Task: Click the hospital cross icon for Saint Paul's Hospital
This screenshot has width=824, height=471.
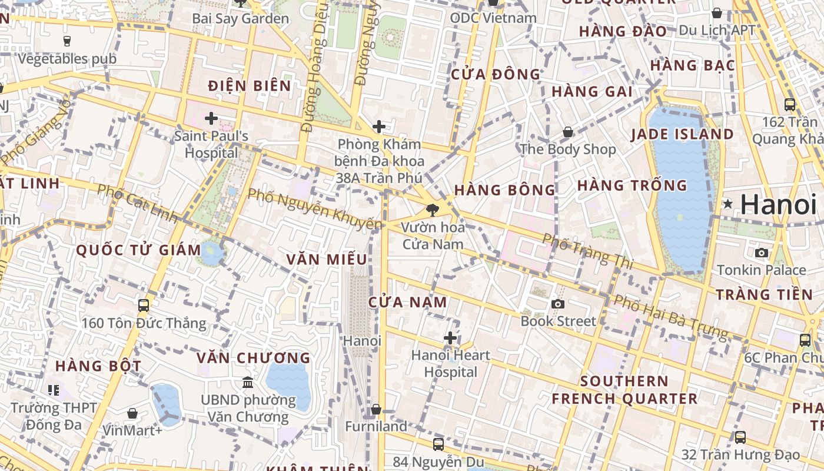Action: [x=211, y=118]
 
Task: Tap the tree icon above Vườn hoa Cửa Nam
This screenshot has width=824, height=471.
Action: [x=433, y=210]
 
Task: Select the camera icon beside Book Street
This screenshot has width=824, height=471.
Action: [x=557, y=304]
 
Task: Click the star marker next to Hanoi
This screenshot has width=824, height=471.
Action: [x=728, y=204]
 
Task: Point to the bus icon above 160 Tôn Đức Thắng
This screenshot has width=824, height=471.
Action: [x=144, y=305]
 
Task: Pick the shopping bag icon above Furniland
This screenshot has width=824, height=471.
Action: [x=376, y=409]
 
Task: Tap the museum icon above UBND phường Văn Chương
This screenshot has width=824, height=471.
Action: [x=248, y=383]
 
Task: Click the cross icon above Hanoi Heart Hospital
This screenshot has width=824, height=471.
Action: [x=450, y=338]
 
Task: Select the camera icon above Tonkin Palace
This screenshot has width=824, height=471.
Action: [x=762, y=253]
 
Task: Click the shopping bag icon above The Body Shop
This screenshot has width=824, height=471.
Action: [x=568, y=132]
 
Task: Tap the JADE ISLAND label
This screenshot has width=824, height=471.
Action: [x=682, y=134]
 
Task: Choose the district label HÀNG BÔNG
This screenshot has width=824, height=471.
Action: [x=504, y=190]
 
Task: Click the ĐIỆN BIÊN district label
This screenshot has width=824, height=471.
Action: [x=250, y=86]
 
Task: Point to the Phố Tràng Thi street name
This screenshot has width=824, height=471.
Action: [x=587, y=251]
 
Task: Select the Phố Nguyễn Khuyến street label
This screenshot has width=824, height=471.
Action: [x=314, y=208]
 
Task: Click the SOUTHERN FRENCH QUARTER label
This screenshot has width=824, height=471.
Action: [x=624, y=390]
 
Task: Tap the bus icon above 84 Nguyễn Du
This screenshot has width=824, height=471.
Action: [x=438, y=444]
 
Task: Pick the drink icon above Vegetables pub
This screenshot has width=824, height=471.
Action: [x=67, y=41]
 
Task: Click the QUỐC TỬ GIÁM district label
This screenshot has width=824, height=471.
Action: [x=139, y=250]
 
